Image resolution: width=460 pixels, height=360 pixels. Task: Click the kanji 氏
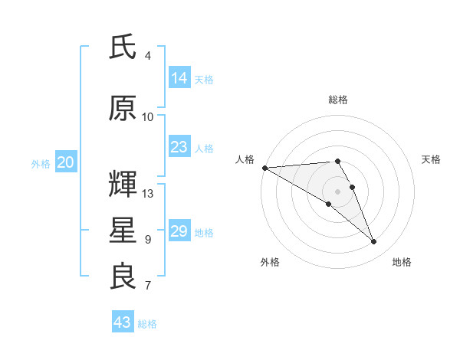click(x=123, y=47)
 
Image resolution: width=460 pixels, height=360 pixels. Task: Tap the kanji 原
click(x=123, y=109)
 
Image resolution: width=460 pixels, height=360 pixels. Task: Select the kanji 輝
click(x=123, y=185)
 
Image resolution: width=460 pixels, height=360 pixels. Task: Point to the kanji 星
click(x=123, y=231)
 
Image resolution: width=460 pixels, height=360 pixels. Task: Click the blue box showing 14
click(x=179, y=78)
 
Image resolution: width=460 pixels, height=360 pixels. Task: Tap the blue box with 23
click(x=179, y=147)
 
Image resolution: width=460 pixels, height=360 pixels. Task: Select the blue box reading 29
click(x=179, y=231)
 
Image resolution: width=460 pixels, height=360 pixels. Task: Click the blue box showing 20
click(x=66, y=162)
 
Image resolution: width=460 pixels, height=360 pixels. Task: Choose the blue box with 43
click(x=123, y=322)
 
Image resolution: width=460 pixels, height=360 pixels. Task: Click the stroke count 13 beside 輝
click(x=148, y=194)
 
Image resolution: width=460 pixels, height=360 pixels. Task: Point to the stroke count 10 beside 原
click(x=148, y=117)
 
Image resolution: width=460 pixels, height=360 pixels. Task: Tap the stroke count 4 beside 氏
click(x=148, y=56)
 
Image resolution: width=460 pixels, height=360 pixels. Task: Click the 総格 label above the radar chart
click(x=338, y=100)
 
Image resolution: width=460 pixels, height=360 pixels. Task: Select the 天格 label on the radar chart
click(x=431, y=159)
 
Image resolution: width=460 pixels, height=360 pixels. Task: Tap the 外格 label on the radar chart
click(x=270, y=262)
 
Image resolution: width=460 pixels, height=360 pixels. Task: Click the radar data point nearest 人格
click(x=264, y=168)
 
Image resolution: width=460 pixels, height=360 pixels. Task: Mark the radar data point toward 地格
click(x=374, y=242)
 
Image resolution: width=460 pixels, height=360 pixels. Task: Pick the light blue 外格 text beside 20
click(x=41, y=163)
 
